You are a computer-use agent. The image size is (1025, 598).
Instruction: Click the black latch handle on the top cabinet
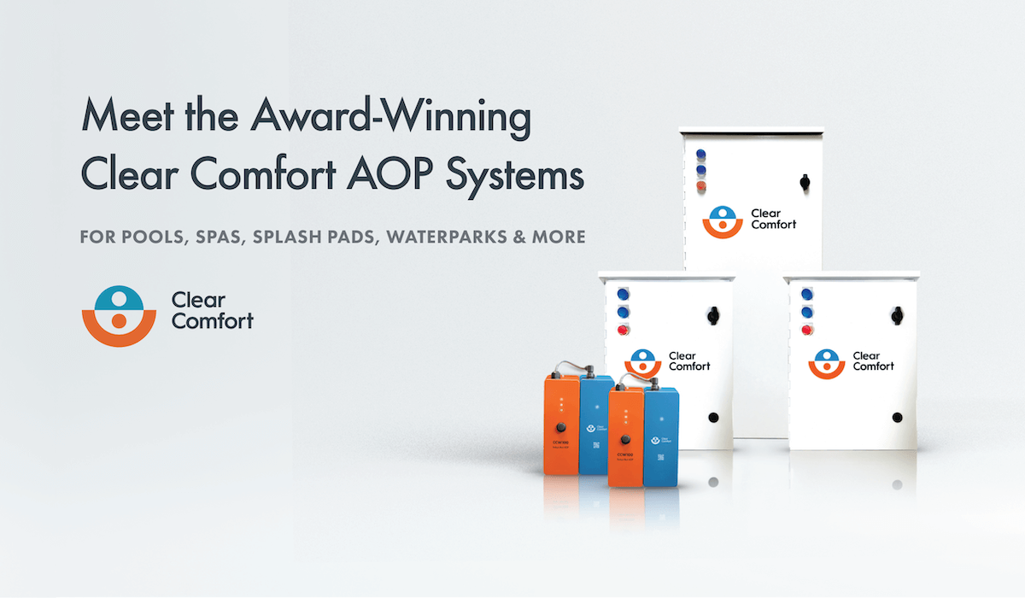click(x=803, y=182)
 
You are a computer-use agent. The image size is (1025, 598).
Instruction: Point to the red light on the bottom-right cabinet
click(x=806, y=330)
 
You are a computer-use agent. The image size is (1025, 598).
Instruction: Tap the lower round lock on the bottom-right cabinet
click(x=897, y=418)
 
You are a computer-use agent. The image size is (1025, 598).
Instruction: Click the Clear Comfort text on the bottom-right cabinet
click(x=873, y=361)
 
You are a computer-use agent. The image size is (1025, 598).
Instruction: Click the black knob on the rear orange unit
click(x=560, y=425)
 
